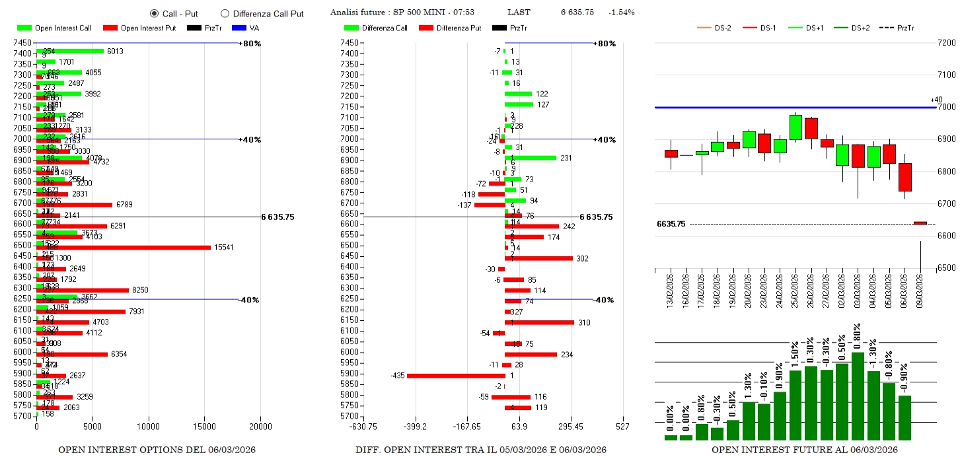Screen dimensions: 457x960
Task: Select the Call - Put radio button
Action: [154, 13]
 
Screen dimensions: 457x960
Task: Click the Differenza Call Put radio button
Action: [225, 13]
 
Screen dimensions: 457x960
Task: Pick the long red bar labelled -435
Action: [456, 376]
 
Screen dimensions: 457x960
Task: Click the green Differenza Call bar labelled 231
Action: [531, 158]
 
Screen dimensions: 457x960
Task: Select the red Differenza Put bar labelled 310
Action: [539, 322]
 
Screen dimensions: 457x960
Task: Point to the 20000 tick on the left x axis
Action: [260, 427]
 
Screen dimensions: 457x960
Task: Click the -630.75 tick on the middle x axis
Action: [364, 427]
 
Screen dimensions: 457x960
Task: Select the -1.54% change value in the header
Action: [621, 13]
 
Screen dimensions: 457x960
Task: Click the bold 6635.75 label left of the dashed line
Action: [671, 225]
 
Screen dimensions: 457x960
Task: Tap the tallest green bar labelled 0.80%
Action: [858, 396]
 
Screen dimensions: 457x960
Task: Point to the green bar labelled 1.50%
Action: [795, 405]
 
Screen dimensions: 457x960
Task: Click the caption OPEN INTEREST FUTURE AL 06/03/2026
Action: [804, 450]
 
